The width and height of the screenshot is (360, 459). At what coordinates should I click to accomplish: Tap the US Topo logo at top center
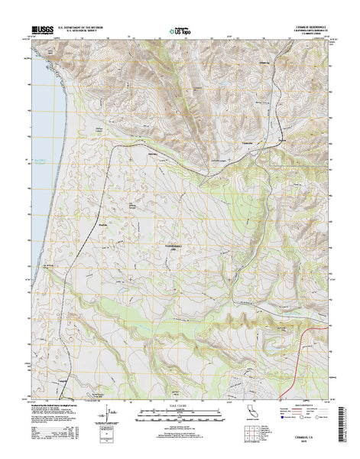click(x=180, y=32)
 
